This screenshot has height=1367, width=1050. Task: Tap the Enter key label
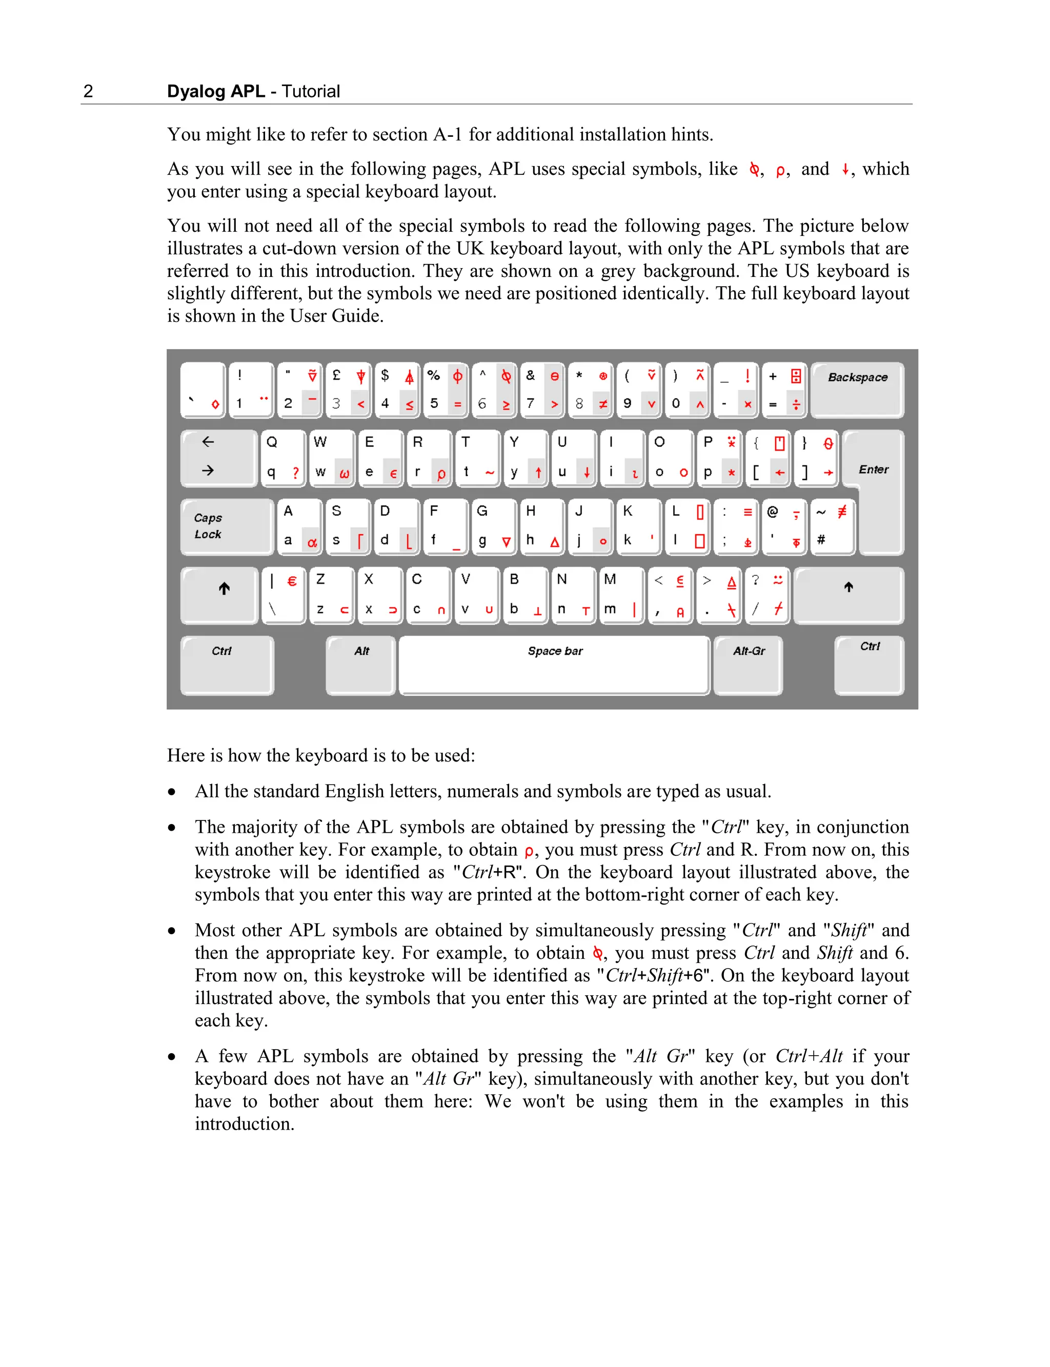point(873,469)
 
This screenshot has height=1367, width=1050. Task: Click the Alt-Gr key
point(748,664)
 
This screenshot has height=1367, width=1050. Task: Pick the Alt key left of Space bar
point(360,664)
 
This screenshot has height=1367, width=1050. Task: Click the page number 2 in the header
point(88,91)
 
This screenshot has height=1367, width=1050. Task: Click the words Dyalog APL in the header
point(216,91)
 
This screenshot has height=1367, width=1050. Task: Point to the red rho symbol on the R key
point(441,473)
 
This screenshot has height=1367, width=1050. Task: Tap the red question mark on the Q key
point(296,473)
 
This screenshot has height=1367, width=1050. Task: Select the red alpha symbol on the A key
point(312,542)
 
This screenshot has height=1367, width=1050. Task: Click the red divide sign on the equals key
point(796,405)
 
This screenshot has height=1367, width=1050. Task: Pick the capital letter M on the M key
point(610,579)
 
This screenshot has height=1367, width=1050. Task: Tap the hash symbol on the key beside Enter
point(821,539)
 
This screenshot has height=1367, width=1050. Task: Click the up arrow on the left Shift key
point(224,588)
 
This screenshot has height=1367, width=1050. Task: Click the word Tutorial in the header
point(311,91)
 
